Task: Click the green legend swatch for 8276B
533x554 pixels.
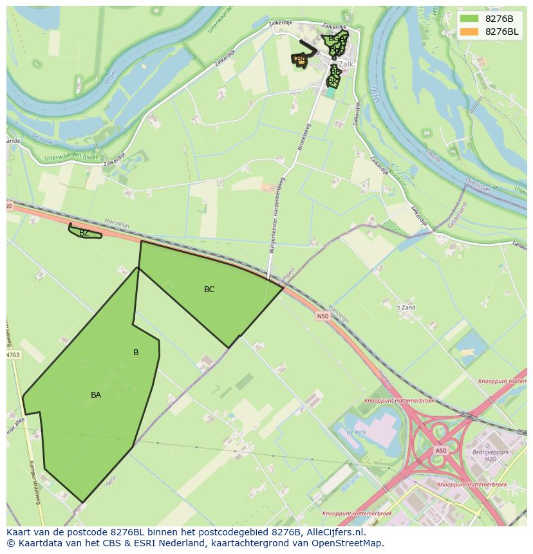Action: pos(469,18)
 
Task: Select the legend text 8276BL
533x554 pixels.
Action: pos(502,32)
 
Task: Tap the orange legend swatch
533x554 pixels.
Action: pos(469,32)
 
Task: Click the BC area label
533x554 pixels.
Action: pos(209,290)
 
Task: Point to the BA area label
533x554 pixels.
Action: pos(96,395)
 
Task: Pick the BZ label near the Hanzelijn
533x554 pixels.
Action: pos(84,233)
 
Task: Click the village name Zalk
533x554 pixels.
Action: pos(347,64)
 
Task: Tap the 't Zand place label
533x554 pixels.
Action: pos(406,308)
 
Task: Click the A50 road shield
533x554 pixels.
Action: pos(440,450)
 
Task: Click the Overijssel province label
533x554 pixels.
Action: pos(478,185)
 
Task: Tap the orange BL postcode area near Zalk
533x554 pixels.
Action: pos(299,60)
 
